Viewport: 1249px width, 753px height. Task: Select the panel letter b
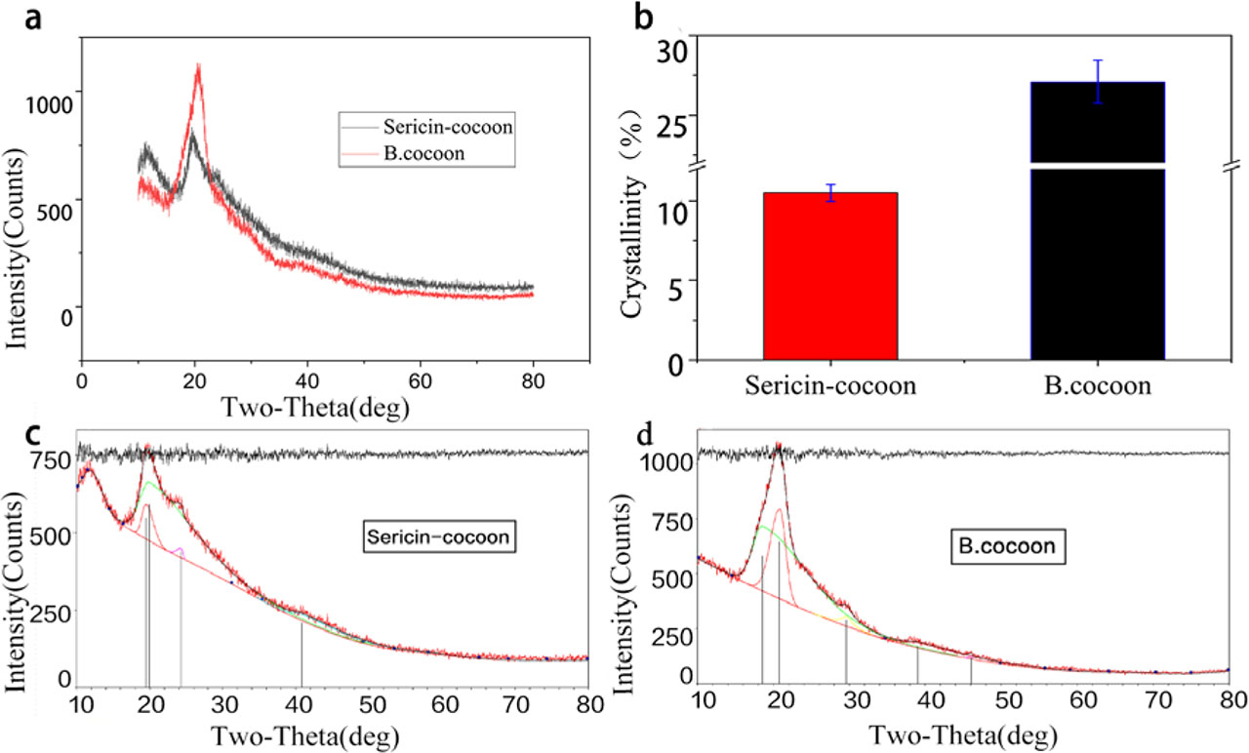[x=645, y=18]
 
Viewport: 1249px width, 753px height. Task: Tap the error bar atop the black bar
[x=1098, y=82]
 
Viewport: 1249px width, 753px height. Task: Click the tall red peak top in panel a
[x=199, y=66]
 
